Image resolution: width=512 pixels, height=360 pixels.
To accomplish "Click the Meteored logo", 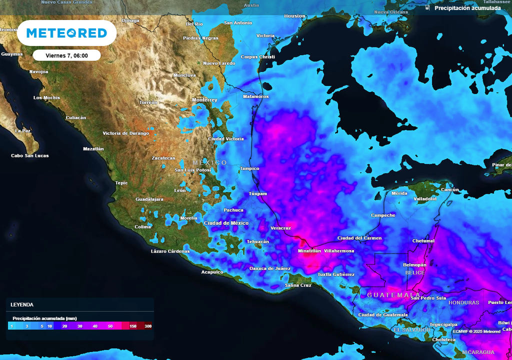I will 66,33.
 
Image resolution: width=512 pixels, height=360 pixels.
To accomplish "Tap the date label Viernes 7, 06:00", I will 66,55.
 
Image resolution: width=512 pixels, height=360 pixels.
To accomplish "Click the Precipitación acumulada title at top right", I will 467,8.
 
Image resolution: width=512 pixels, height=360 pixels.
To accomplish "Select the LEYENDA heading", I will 22,304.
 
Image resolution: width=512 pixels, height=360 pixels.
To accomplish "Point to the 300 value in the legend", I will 148,326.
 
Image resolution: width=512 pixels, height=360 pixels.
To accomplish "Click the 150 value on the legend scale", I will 133,326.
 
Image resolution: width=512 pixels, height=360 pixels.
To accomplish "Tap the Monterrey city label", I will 204,100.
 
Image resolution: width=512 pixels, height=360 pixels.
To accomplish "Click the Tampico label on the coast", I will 249,168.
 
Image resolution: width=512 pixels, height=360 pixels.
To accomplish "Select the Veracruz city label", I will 280,228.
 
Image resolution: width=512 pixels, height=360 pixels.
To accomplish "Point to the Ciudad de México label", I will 226,223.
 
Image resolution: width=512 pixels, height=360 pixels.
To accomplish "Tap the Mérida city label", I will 399,193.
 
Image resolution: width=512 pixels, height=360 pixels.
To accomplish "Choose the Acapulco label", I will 212,272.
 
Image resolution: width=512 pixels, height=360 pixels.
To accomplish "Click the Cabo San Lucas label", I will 30,155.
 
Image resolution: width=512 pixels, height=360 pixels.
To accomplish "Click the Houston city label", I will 294,16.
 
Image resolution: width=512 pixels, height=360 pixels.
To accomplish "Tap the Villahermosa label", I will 339,250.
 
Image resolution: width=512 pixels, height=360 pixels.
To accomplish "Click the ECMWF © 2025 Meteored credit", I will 476,331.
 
